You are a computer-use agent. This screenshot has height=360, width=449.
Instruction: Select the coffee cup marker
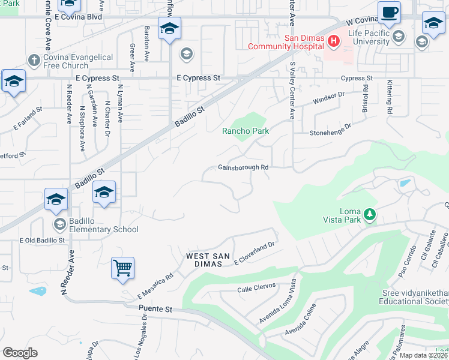[x=389, y=13]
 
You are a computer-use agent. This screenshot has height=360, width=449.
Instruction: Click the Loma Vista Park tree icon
[x=370, y=214]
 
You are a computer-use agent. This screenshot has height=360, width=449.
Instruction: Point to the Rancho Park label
[x=246, y=131]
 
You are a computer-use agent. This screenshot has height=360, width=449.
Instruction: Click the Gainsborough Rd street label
[x=243, y=168]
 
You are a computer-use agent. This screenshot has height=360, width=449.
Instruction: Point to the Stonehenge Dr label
[x=330, y=128]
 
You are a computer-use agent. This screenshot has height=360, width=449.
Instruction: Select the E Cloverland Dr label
[x=254, y=249]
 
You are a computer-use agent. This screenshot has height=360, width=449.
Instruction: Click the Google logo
[x=20, y=352]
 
